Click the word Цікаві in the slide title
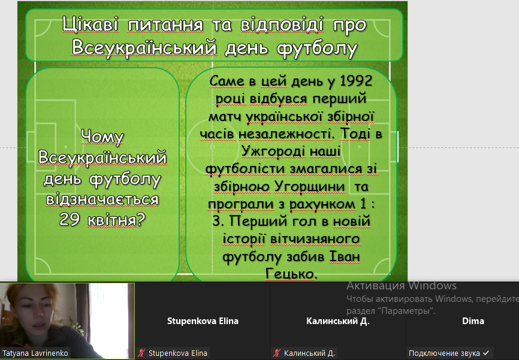point(90,25)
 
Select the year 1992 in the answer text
point(356,81)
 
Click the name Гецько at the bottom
point(291,274)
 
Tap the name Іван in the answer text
point(344,256)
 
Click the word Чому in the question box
point(102,137)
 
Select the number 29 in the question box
point(70,219)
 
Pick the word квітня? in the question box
point(116,220)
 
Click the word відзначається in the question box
point(102,199)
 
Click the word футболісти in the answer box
point(246,169)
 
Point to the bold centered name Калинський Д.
point(338,321)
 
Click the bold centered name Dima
point(473,321)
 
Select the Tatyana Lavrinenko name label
point(35,353)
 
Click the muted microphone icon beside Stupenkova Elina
point(141,353)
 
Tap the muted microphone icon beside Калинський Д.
point(277,353)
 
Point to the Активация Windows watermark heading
point(402,286)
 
